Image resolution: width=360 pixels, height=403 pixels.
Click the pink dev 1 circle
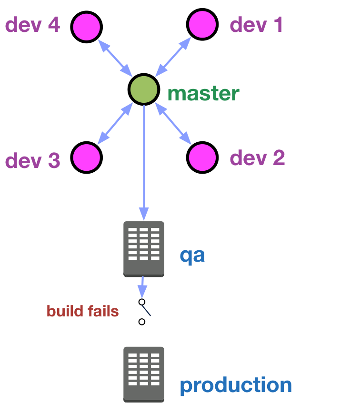(202, 24)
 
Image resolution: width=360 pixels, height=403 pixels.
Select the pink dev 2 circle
(202, 157)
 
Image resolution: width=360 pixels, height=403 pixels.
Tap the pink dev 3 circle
(87, 157)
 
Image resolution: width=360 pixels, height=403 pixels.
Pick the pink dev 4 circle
(87, 27)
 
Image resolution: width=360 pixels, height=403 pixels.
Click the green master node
(144, 89)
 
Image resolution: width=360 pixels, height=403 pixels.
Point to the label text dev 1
(256, 25)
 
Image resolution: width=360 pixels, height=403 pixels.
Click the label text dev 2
(258, 158)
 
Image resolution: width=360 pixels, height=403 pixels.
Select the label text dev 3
(33, 160)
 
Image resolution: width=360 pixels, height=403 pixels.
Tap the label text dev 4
(33, 25)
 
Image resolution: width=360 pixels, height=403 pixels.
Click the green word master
(203, 93)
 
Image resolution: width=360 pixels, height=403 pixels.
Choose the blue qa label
(192, 256)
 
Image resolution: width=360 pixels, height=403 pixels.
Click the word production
(236, 385)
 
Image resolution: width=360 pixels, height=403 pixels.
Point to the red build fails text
(82, 311)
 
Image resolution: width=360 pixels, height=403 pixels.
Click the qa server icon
(144, 249)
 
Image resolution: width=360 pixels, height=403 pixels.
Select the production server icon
(144, 374)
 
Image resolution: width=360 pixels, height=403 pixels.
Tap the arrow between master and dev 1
(173, 57)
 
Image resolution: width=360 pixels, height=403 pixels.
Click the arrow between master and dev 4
(115, 58)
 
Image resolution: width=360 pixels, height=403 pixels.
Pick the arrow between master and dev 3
(115, 123)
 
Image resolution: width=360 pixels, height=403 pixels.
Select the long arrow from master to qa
(144, 163)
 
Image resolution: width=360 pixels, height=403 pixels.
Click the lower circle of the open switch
(142, 322)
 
